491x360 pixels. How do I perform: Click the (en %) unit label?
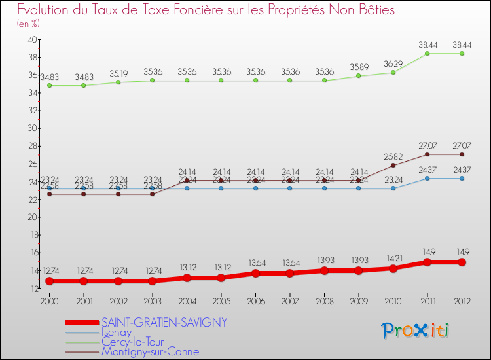28,24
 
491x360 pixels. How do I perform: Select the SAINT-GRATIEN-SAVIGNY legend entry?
164,322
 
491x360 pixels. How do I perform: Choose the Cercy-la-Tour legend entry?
137,342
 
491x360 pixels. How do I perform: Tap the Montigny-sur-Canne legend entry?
150,351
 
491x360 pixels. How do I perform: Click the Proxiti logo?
416,331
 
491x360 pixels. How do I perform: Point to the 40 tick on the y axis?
31,39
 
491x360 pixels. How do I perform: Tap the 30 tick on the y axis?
31,128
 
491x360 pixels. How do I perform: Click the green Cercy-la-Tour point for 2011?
427,53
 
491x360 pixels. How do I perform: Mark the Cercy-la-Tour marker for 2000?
49,85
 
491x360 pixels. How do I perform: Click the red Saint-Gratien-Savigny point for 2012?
462,262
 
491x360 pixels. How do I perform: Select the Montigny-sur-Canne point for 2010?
393,165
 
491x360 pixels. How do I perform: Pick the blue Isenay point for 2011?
427,178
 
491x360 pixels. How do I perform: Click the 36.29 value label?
393,63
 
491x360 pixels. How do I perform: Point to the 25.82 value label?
393,156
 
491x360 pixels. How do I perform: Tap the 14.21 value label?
393,258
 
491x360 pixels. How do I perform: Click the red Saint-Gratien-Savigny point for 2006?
255,273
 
